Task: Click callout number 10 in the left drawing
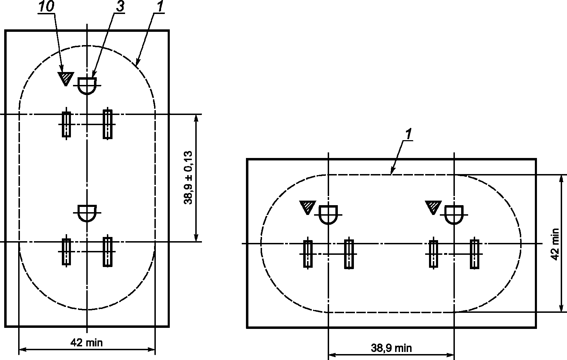pos(46,6)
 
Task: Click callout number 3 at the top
pos(120,6)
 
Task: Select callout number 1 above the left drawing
pos(160,6)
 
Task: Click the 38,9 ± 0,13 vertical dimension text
pos(188,178)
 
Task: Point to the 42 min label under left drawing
pos(87,343)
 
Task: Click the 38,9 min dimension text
pos(391,348)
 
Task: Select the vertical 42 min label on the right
pos(555,244)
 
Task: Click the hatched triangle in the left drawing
pos(66,78)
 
